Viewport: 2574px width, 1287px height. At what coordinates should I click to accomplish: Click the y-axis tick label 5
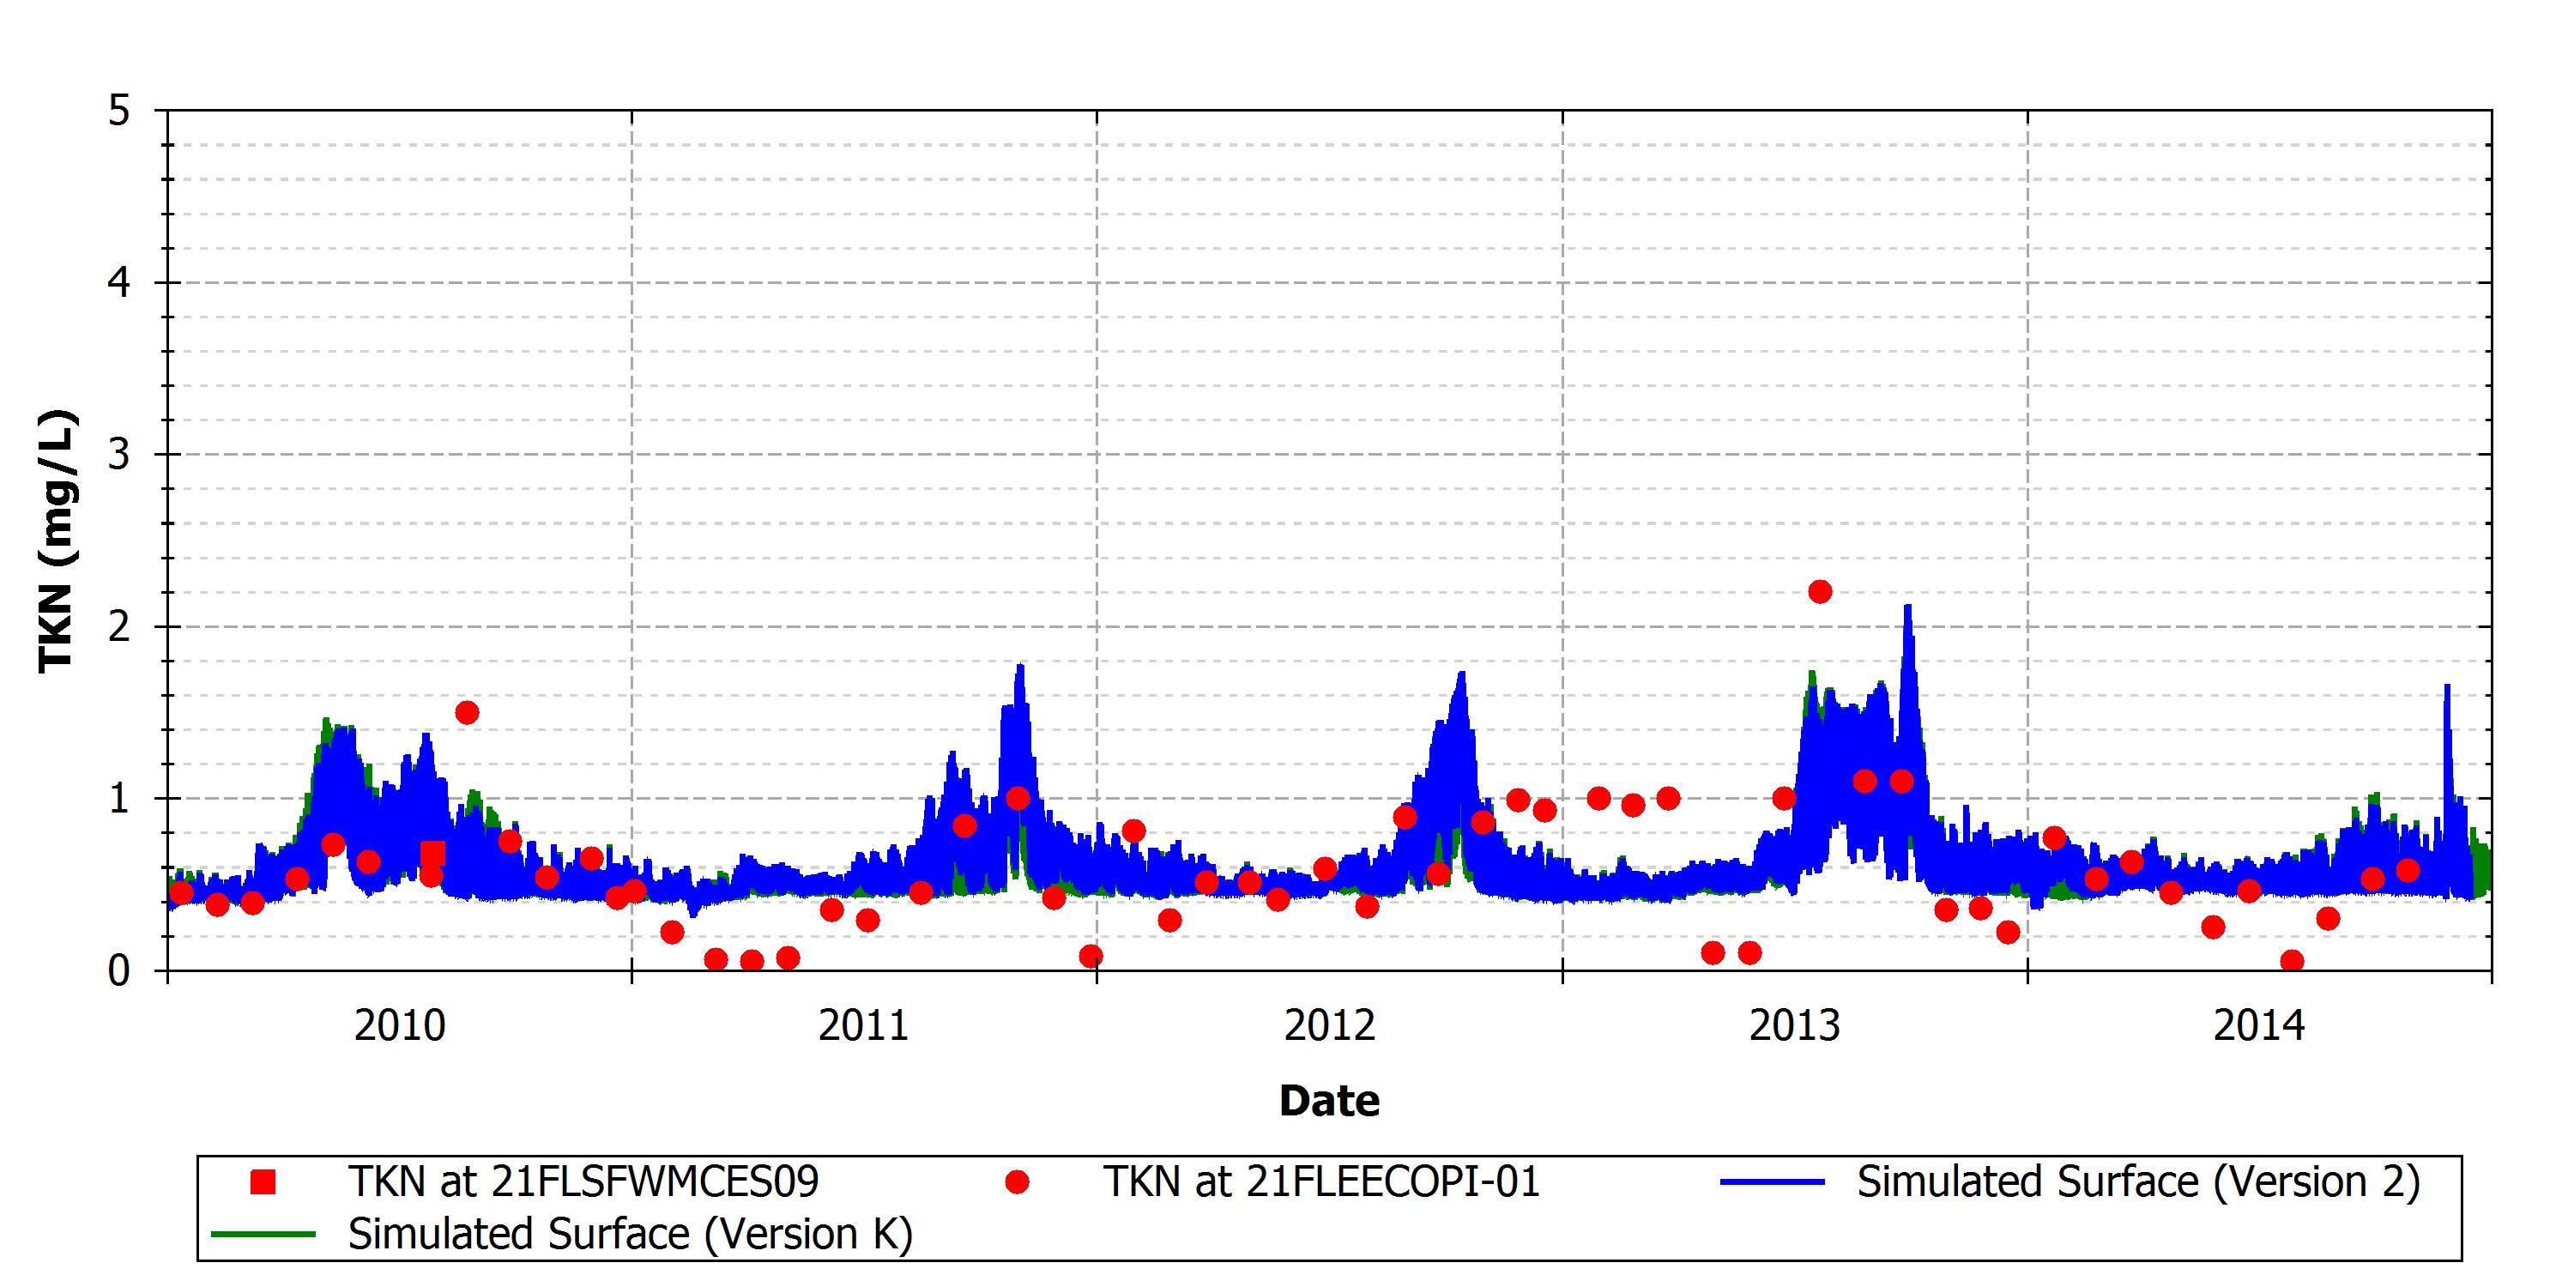(x=119, y=111)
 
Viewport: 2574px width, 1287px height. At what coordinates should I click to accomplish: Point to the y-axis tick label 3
(x=119, y=455)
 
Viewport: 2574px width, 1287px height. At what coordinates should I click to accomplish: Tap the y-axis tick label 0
(x=119, y=970)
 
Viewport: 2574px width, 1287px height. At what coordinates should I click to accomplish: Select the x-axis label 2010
(x=400, y=1026)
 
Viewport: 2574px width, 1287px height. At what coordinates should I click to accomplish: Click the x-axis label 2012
(x=1330, y=1026)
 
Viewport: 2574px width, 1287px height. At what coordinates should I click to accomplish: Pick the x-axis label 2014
(x=2259, y=1026)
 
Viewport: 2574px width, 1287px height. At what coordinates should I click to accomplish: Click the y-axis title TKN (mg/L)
(x=56, y=541)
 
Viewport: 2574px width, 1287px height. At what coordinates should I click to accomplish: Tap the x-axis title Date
(x=1330, y=1101)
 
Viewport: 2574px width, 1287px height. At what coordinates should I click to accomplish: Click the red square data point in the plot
(x=432, y=855)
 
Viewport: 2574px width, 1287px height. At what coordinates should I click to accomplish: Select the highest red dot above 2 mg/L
(x=1820, y=591)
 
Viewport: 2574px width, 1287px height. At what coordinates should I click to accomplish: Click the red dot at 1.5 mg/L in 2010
(x=467, y=712)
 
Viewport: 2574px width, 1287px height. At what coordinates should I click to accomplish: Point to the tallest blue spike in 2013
(x=1907, y=607)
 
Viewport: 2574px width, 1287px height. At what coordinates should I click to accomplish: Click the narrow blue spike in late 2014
(x=2447, y=686)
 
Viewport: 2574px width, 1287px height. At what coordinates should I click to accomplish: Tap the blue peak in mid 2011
(x=1020, y=667)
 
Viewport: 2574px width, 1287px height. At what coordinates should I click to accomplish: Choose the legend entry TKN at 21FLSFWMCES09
(x=583, y=1182)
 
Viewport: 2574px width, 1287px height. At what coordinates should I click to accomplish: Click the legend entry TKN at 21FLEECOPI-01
(x=1321, y=1182)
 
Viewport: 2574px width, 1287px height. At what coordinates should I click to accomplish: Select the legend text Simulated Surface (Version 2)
(x=2139, y=1182)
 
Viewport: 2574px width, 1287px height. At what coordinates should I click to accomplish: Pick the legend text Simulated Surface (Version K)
(x=631, y=1234)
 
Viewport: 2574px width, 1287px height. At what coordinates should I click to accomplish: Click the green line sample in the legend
(x=263, y=1234)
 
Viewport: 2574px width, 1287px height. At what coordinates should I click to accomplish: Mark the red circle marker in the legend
(x=1018, y=1182)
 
